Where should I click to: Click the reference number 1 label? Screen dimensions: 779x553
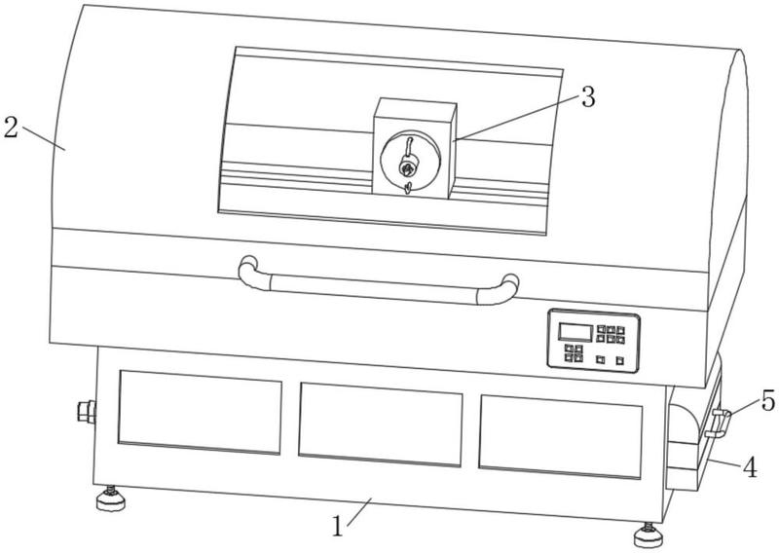click(x=338, y=528)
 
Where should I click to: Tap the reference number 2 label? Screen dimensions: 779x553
click(x=11, y=129)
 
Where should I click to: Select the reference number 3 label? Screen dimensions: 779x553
click(x=586, y=96)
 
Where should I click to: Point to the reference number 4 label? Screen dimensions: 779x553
click(x=750, y=468)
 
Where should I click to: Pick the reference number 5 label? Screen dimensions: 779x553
click(x=767, y=400)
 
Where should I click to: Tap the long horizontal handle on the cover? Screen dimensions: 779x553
click(x=380, y=285)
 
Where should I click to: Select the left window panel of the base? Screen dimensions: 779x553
click(x=200, y=415)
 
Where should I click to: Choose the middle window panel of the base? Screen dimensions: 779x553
click(x=380, y=424)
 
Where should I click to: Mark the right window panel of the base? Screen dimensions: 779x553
click(x=560, y=434)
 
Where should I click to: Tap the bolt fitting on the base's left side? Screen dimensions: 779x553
click(x=85, y=411)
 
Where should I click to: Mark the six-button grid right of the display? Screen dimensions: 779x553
click(x=612, y=335)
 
